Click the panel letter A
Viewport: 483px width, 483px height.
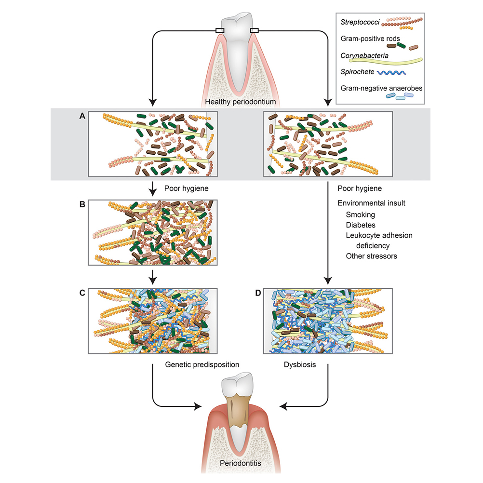[83, 116]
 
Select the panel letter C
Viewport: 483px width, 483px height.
[83, 292]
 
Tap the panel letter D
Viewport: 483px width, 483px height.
[259, 292]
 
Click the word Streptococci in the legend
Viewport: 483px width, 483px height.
[359, 21]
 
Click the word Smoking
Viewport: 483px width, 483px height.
[360, 214]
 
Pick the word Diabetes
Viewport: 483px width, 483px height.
[361, 225]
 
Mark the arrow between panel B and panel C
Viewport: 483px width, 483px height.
[153, 276]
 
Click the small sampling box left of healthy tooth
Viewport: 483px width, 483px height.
[219, 31]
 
